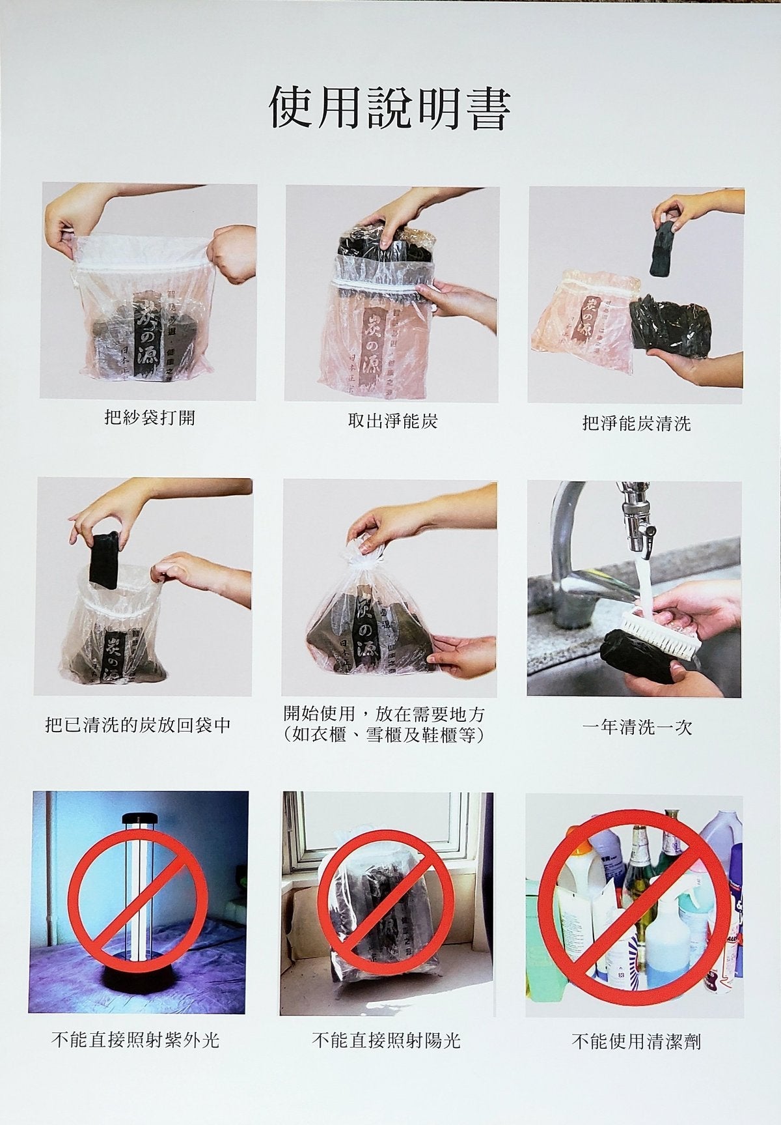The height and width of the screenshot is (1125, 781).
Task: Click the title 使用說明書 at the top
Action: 389,107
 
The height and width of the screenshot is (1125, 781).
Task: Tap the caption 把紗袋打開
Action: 150,418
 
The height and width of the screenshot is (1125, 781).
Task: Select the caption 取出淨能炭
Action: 392,421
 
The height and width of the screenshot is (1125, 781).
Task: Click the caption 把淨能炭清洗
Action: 636,424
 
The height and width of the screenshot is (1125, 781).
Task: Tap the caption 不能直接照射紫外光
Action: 135,1040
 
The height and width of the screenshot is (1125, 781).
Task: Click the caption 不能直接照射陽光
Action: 386,1040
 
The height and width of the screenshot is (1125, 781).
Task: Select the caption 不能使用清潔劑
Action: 635,1042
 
